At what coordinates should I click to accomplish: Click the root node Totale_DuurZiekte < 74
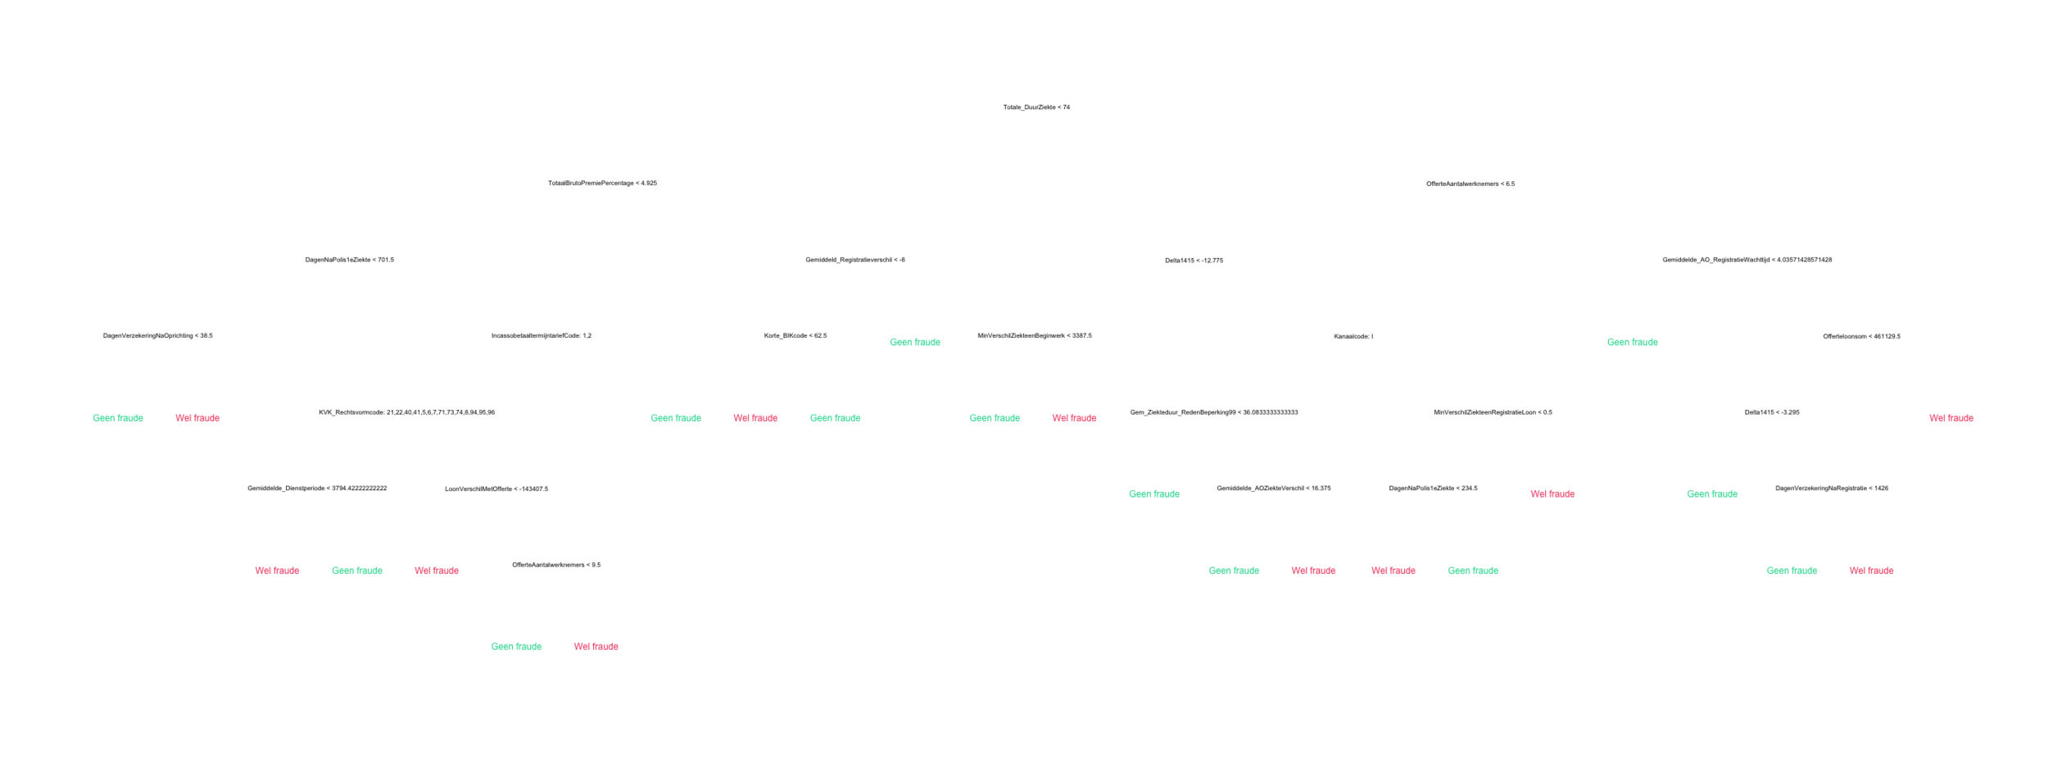click(x=1036, y=107)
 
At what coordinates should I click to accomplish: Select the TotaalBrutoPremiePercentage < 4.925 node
click(x=602, y=183)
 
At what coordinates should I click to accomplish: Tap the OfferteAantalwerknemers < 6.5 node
click(x=1470, y=184)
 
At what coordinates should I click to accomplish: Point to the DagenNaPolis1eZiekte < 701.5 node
click(x=349, y=260)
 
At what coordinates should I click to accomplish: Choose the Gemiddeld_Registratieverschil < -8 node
click(x=854, y=260)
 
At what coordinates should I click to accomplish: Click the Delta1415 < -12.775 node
click(x=1194, y=261)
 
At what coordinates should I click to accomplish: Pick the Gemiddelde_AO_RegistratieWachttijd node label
click(x=1747, y=260)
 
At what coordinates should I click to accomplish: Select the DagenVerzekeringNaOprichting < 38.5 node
click(x=157, y=336)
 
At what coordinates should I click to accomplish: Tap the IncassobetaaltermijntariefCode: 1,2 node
click(x=541, y=336)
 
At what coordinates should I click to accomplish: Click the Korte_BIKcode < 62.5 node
click(x=795, y=336)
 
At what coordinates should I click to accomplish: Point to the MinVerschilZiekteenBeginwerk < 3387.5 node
click(x=1034, y=336)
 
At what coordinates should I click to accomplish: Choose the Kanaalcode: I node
click(x=1352, y=336)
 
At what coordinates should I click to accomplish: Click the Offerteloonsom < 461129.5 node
click(x=1861, y=336)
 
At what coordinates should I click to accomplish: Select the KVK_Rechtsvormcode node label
click(x=406, y=412)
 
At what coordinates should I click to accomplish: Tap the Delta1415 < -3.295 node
click(x=1772, y=412)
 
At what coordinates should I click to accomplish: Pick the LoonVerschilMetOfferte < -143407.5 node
click(x=496, y=489)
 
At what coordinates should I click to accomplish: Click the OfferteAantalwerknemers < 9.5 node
click(x=556, y=565)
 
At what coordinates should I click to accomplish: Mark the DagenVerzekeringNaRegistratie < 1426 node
click(x=1831, y=489)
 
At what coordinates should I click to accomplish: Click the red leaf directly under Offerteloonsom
click(x=1951, y=419)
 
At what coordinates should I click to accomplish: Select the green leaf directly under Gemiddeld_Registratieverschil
click(x=915, y=342)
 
